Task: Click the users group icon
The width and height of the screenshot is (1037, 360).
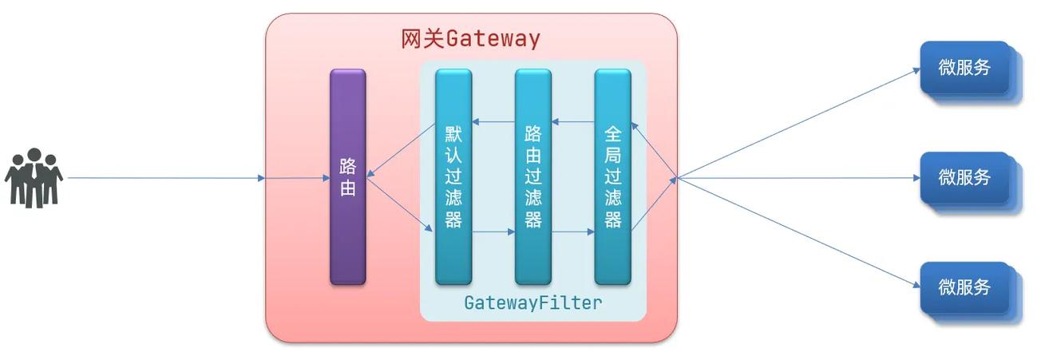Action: (34, 177)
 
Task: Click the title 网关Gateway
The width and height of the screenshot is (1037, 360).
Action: (470, 38)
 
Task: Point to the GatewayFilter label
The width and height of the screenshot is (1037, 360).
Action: (532, 303)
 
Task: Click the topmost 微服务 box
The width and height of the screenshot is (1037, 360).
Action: (964, 69)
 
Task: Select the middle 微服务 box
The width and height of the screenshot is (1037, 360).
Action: (964, 177)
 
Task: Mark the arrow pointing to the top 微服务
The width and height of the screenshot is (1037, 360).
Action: (798, 123)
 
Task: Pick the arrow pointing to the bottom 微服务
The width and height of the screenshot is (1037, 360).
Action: (798, 232)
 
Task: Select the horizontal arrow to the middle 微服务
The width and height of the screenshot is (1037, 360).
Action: (798, 178)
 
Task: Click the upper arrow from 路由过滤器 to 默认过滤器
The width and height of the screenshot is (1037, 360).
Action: (493, 122)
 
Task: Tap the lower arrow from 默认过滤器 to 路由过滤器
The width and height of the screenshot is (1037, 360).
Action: (493, 232)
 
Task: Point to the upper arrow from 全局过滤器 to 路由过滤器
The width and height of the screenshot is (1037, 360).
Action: (573, 122)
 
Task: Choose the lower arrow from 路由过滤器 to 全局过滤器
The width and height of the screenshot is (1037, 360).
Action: (573, 232)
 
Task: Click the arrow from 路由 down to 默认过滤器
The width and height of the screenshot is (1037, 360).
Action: (399, 204)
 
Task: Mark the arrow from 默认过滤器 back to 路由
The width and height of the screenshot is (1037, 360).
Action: (399, 150)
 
